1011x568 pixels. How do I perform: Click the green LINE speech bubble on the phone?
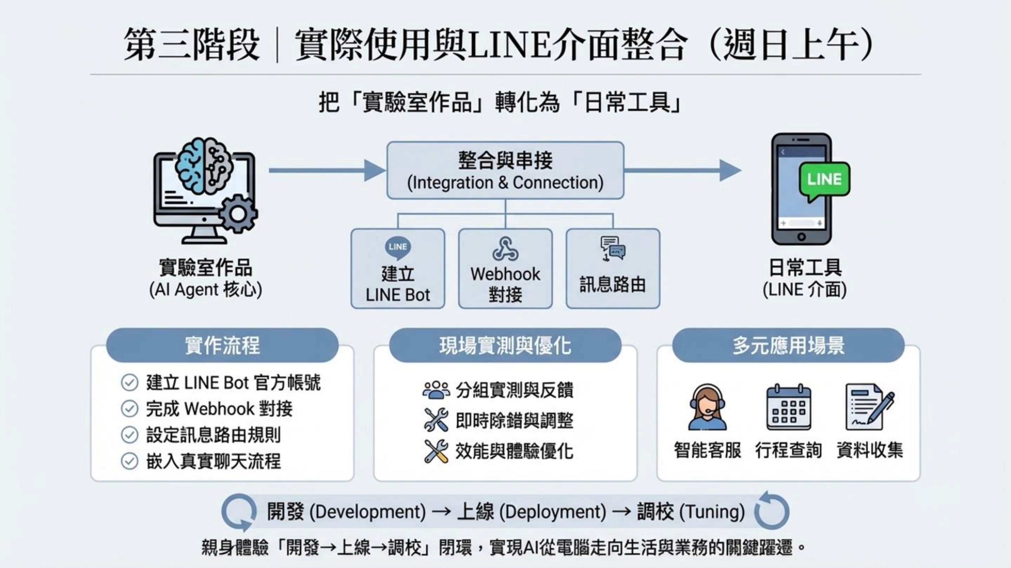click(x=825, y=180)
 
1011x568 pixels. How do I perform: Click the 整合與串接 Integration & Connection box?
click(x=505, y=170)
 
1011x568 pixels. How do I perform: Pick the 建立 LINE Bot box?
click(x=398, y=269)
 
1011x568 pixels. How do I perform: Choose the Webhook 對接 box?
click(x=505, y=269)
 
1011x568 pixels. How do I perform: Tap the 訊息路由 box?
click(x=613, y=269)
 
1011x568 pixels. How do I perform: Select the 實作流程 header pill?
click(x=222, y=345)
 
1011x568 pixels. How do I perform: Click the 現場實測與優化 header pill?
click(x=505, y=345)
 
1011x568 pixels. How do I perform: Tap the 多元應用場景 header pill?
click(x=788, y=345)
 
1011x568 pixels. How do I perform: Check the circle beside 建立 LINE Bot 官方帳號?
click(x=130, y=383)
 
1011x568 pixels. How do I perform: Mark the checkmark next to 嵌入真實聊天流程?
click(x=130, y=461)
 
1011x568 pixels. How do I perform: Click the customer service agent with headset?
click(x=707, y=407)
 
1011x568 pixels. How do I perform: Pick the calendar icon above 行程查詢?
click(x=788, y=407)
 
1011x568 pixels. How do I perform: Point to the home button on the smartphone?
click(x=801, y=237)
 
